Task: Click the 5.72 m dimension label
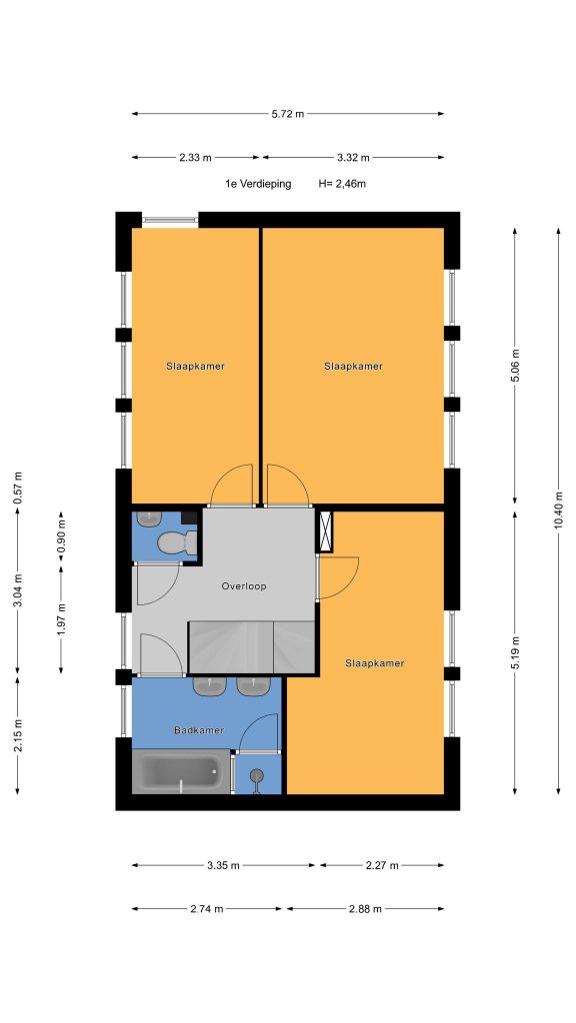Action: click(288, 114)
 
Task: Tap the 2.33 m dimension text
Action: click(196, 157)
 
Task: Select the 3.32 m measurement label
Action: click(353, 157)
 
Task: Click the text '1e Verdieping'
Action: click(258, 184)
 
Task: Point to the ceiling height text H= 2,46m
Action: click(342, 184)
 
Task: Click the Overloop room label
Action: click(244, 585)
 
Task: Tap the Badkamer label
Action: click(199, 730)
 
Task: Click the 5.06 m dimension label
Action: click(515, 366)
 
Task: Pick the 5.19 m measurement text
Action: click(515, 652)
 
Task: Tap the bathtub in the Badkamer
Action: click(181, 772)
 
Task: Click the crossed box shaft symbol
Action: click(325, 531)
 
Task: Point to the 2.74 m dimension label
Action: click(207, 908)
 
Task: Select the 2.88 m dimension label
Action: click(365, 908)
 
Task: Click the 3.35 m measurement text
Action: click(223, 865)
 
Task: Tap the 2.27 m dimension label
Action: click(382, 865)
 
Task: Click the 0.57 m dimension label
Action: click(18, 488)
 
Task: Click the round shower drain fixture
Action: click(257, 775)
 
